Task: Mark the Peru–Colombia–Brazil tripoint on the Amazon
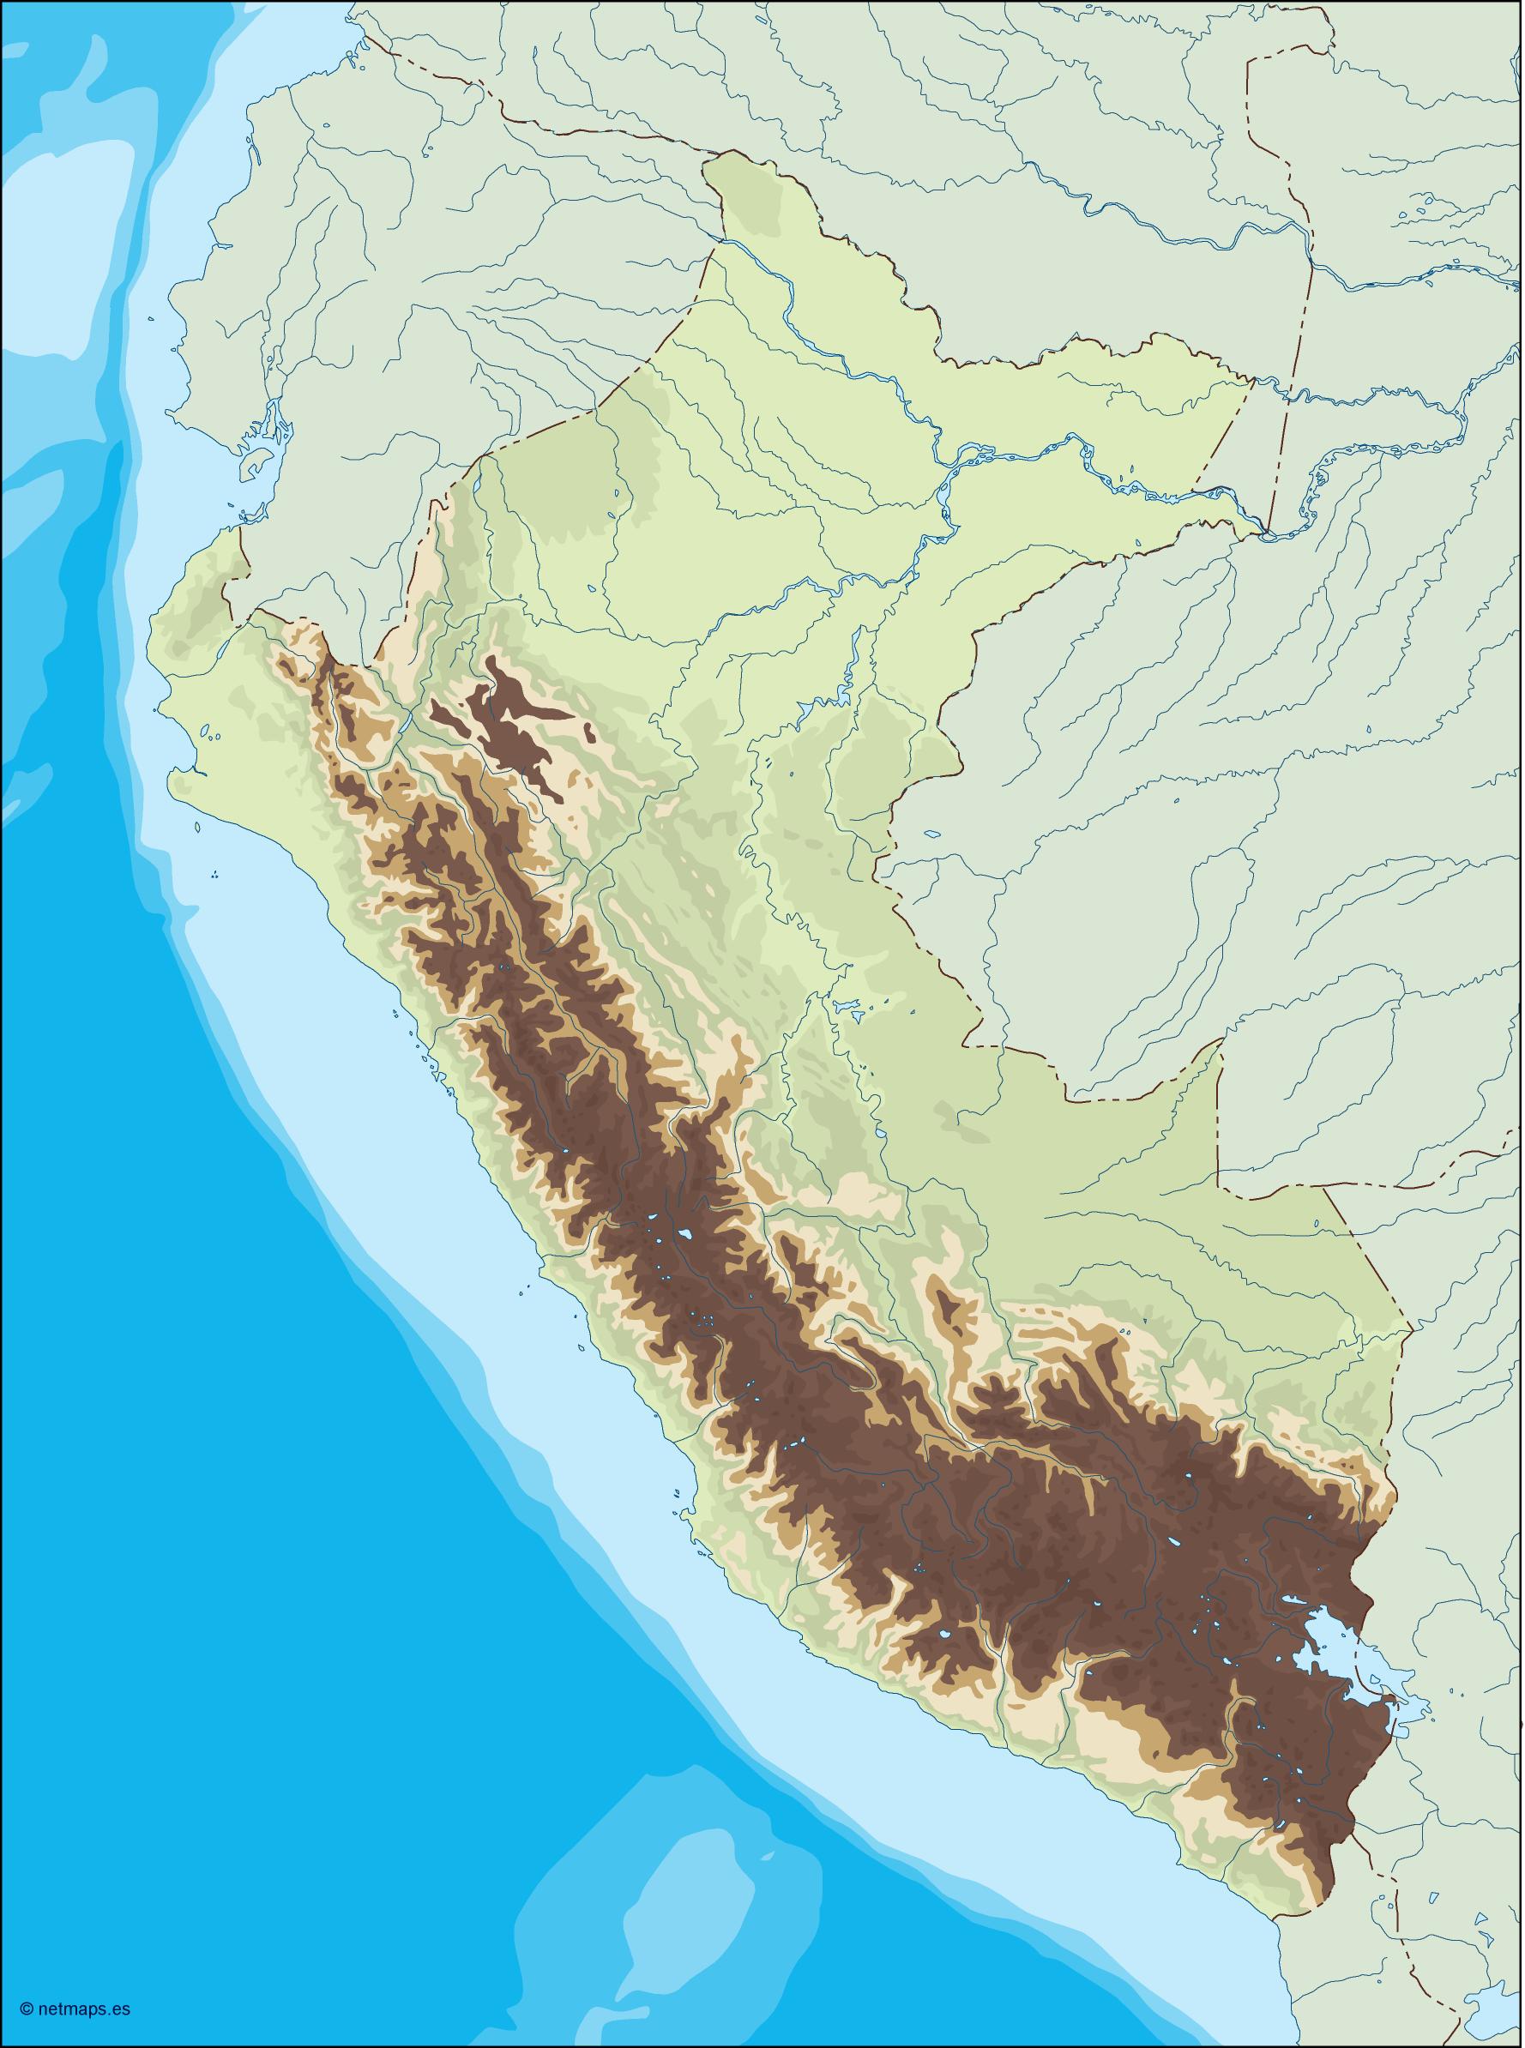tap(1267, 533)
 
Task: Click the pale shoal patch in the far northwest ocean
tap(56, 184)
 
